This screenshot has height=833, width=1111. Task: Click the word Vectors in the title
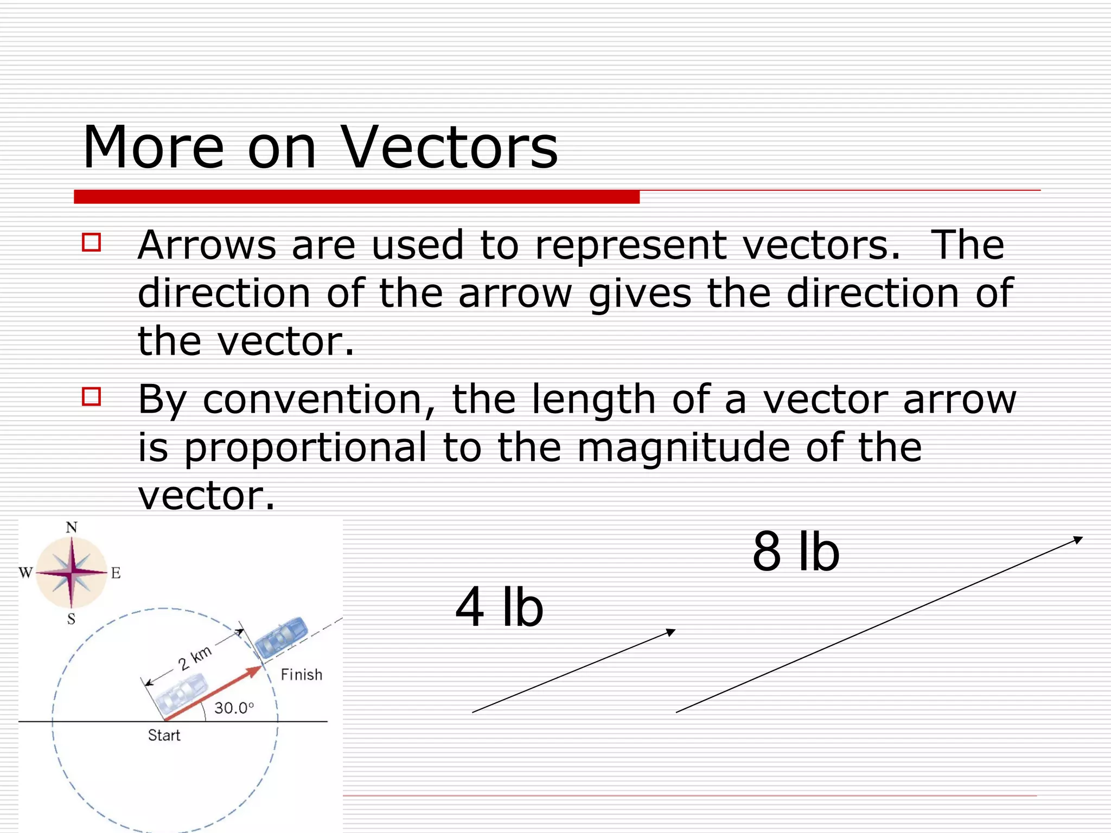pyautogui.click(x=449, y=147)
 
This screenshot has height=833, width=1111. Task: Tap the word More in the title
pyautogui.click(x=153, y=147)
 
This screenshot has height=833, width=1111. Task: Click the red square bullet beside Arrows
pyautogui.click(x=91, y=242)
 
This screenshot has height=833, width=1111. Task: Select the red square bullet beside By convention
pyautogui.click(x=91, y=396)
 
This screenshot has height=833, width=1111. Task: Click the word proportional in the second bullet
pyautogui.click(x=305, y=447)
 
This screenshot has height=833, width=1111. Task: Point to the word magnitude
pyautogui.click(x=683, y=447)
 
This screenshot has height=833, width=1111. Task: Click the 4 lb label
pyautogui.click(x=499, y=608)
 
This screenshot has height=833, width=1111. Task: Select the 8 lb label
pyautogui.click(x=796, y=553)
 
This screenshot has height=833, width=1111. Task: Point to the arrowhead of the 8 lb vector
pyautogui.click(x=1078, y=539)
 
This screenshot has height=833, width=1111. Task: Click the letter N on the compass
pyautogui.click(x=72, y=527)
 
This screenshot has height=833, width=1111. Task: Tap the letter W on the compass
pyautogui.click(x=25, y=573)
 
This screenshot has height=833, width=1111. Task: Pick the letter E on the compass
pyautogui.click(x=116, y=573)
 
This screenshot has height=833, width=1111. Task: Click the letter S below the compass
pyautogui.click(x=71, y=619)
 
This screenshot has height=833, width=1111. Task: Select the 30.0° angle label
pyautogui.click(x=234, y=708)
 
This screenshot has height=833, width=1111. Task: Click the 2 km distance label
pyautogui.click(x=195, y=658)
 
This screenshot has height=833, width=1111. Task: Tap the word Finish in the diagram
pyautogui.click(x=302, y=675)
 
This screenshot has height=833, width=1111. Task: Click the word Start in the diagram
pyautogui.click(x=164, y=735)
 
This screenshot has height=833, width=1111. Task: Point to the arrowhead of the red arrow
pyautogui.click(x=255, y=671)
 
